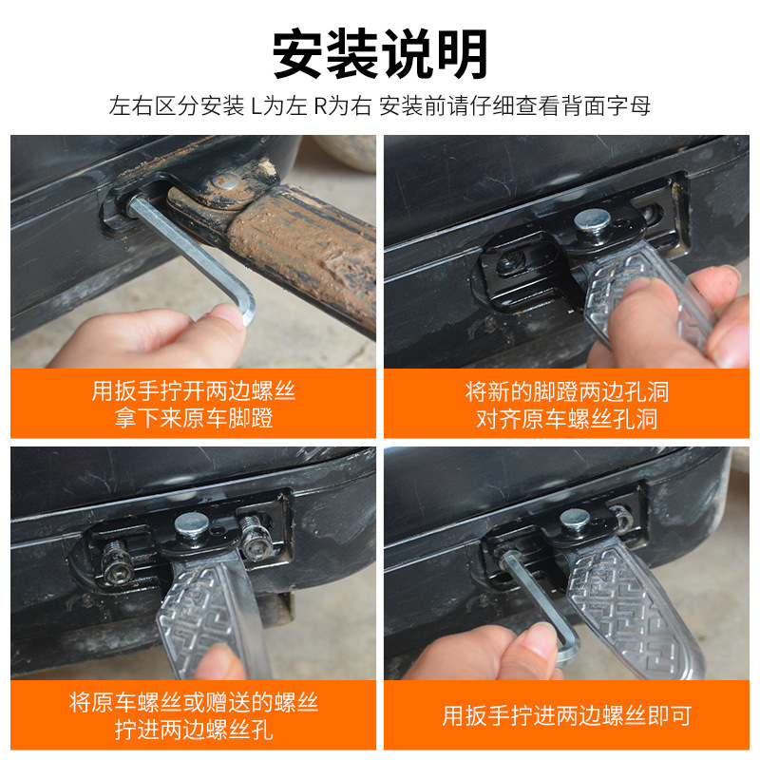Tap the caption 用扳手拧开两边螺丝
[193, 390]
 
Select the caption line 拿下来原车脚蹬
[193, 418]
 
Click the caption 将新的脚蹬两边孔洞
[566, 390]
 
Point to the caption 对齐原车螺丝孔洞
[566, 418]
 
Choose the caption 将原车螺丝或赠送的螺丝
[193, 702]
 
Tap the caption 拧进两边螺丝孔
[193, 730]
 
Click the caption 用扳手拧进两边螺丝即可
[566, 715]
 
